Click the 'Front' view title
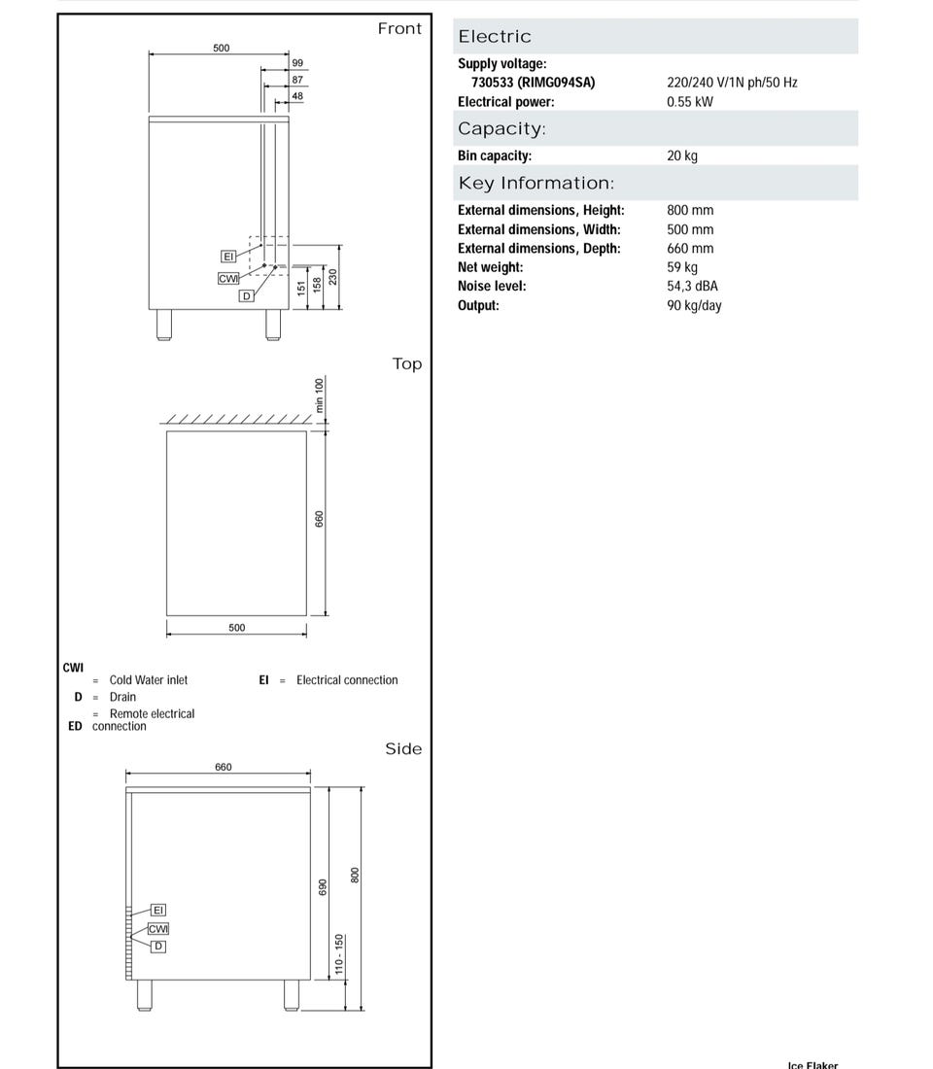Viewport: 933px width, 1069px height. (x=399, y=28)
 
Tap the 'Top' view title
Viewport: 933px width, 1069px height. (x=407, y=364)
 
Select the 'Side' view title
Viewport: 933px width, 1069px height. (x=403, y=748)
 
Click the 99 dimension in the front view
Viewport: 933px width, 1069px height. (x=297, y=63)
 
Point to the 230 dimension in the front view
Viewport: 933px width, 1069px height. (x=332, y=277)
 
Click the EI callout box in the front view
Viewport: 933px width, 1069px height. (x=228, y=257)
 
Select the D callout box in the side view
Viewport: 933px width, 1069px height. (x=158, y=947)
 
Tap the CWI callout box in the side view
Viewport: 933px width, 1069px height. (x=158, y=928)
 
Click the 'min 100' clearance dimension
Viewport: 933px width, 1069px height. (x=319, y=396)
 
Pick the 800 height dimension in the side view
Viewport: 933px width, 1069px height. (x=355, y=876)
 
